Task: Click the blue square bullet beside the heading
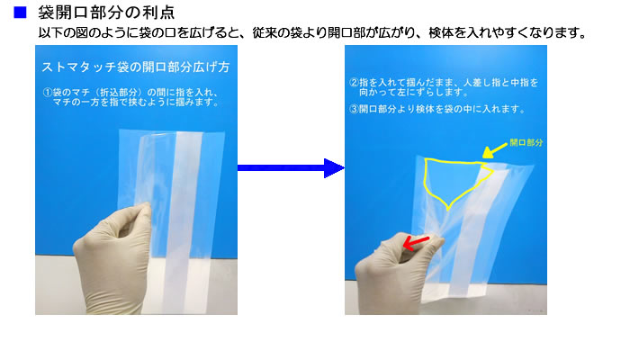pos(20,13)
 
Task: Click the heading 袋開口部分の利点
pos(106,13)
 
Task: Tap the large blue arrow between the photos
pos(291,168)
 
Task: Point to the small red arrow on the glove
pos(416,243)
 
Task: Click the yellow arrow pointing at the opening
pos(495,150)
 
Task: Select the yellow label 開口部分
pos(526,142)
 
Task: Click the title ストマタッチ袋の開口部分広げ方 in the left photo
pos(136,67)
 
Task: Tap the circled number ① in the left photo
pos(48,93)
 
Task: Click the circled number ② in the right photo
pos(354,83)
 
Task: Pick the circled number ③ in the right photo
pos(354,109)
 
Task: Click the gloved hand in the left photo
pos(112,257)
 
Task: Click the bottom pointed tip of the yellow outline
pos(448,210)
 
